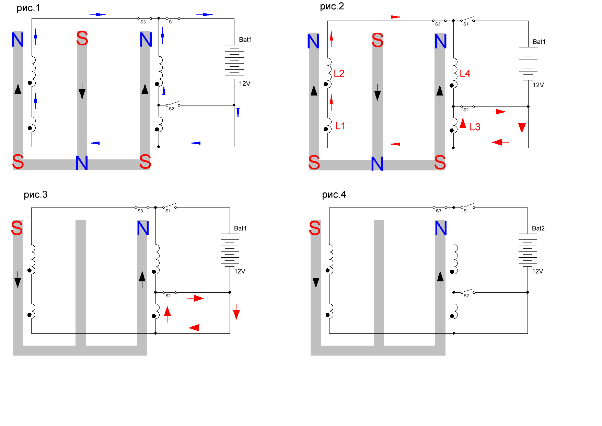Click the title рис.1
pos(28,8)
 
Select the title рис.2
pos(332,6)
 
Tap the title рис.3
pos(35,194)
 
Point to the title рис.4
pos(334,194)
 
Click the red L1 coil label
pos(340,126)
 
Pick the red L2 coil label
pos(339,73)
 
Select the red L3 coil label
pos(475,127)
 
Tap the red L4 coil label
pos(465,74)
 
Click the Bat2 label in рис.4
pos(538,228)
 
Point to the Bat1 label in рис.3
pos(240,228)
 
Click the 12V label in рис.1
pos(244,83)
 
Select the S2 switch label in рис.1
pos(171,109)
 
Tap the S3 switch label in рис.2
pos(438,24)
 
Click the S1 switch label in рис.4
pos(466,211)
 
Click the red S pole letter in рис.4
pos(315,228)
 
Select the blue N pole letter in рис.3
pos(143,228)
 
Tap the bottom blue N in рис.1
pos(82,163)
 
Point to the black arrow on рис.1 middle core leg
pos(82,91)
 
